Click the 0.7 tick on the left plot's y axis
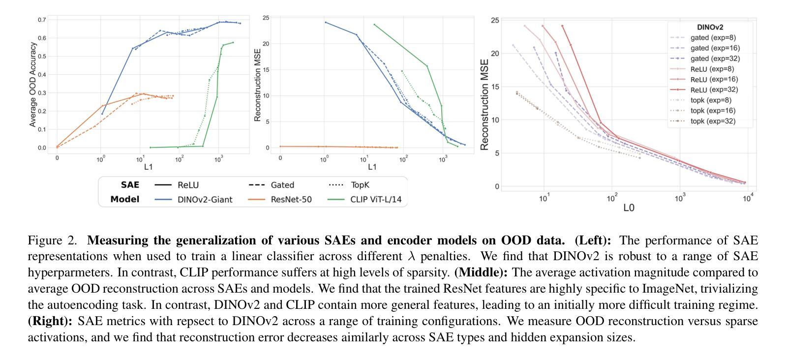[x=42, y=20]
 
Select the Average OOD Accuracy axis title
[x=33, y=85]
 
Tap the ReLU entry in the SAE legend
[x=188, y=185]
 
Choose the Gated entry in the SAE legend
[x=282, y=185]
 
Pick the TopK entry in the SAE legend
[x=360, y=185]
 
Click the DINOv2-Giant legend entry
[x=205, y=199]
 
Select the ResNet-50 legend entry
[x=291, y=199]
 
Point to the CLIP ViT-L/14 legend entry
[x=376, y=199]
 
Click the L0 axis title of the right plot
[x=629, y=208]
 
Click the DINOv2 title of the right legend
[x=710, y=28]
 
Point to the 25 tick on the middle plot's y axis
[x=266, y=18]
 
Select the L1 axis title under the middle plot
[x=372, y=167]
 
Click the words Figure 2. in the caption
[x=53, y=240]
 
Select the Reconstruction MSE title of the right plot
[x=484, y=104]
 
